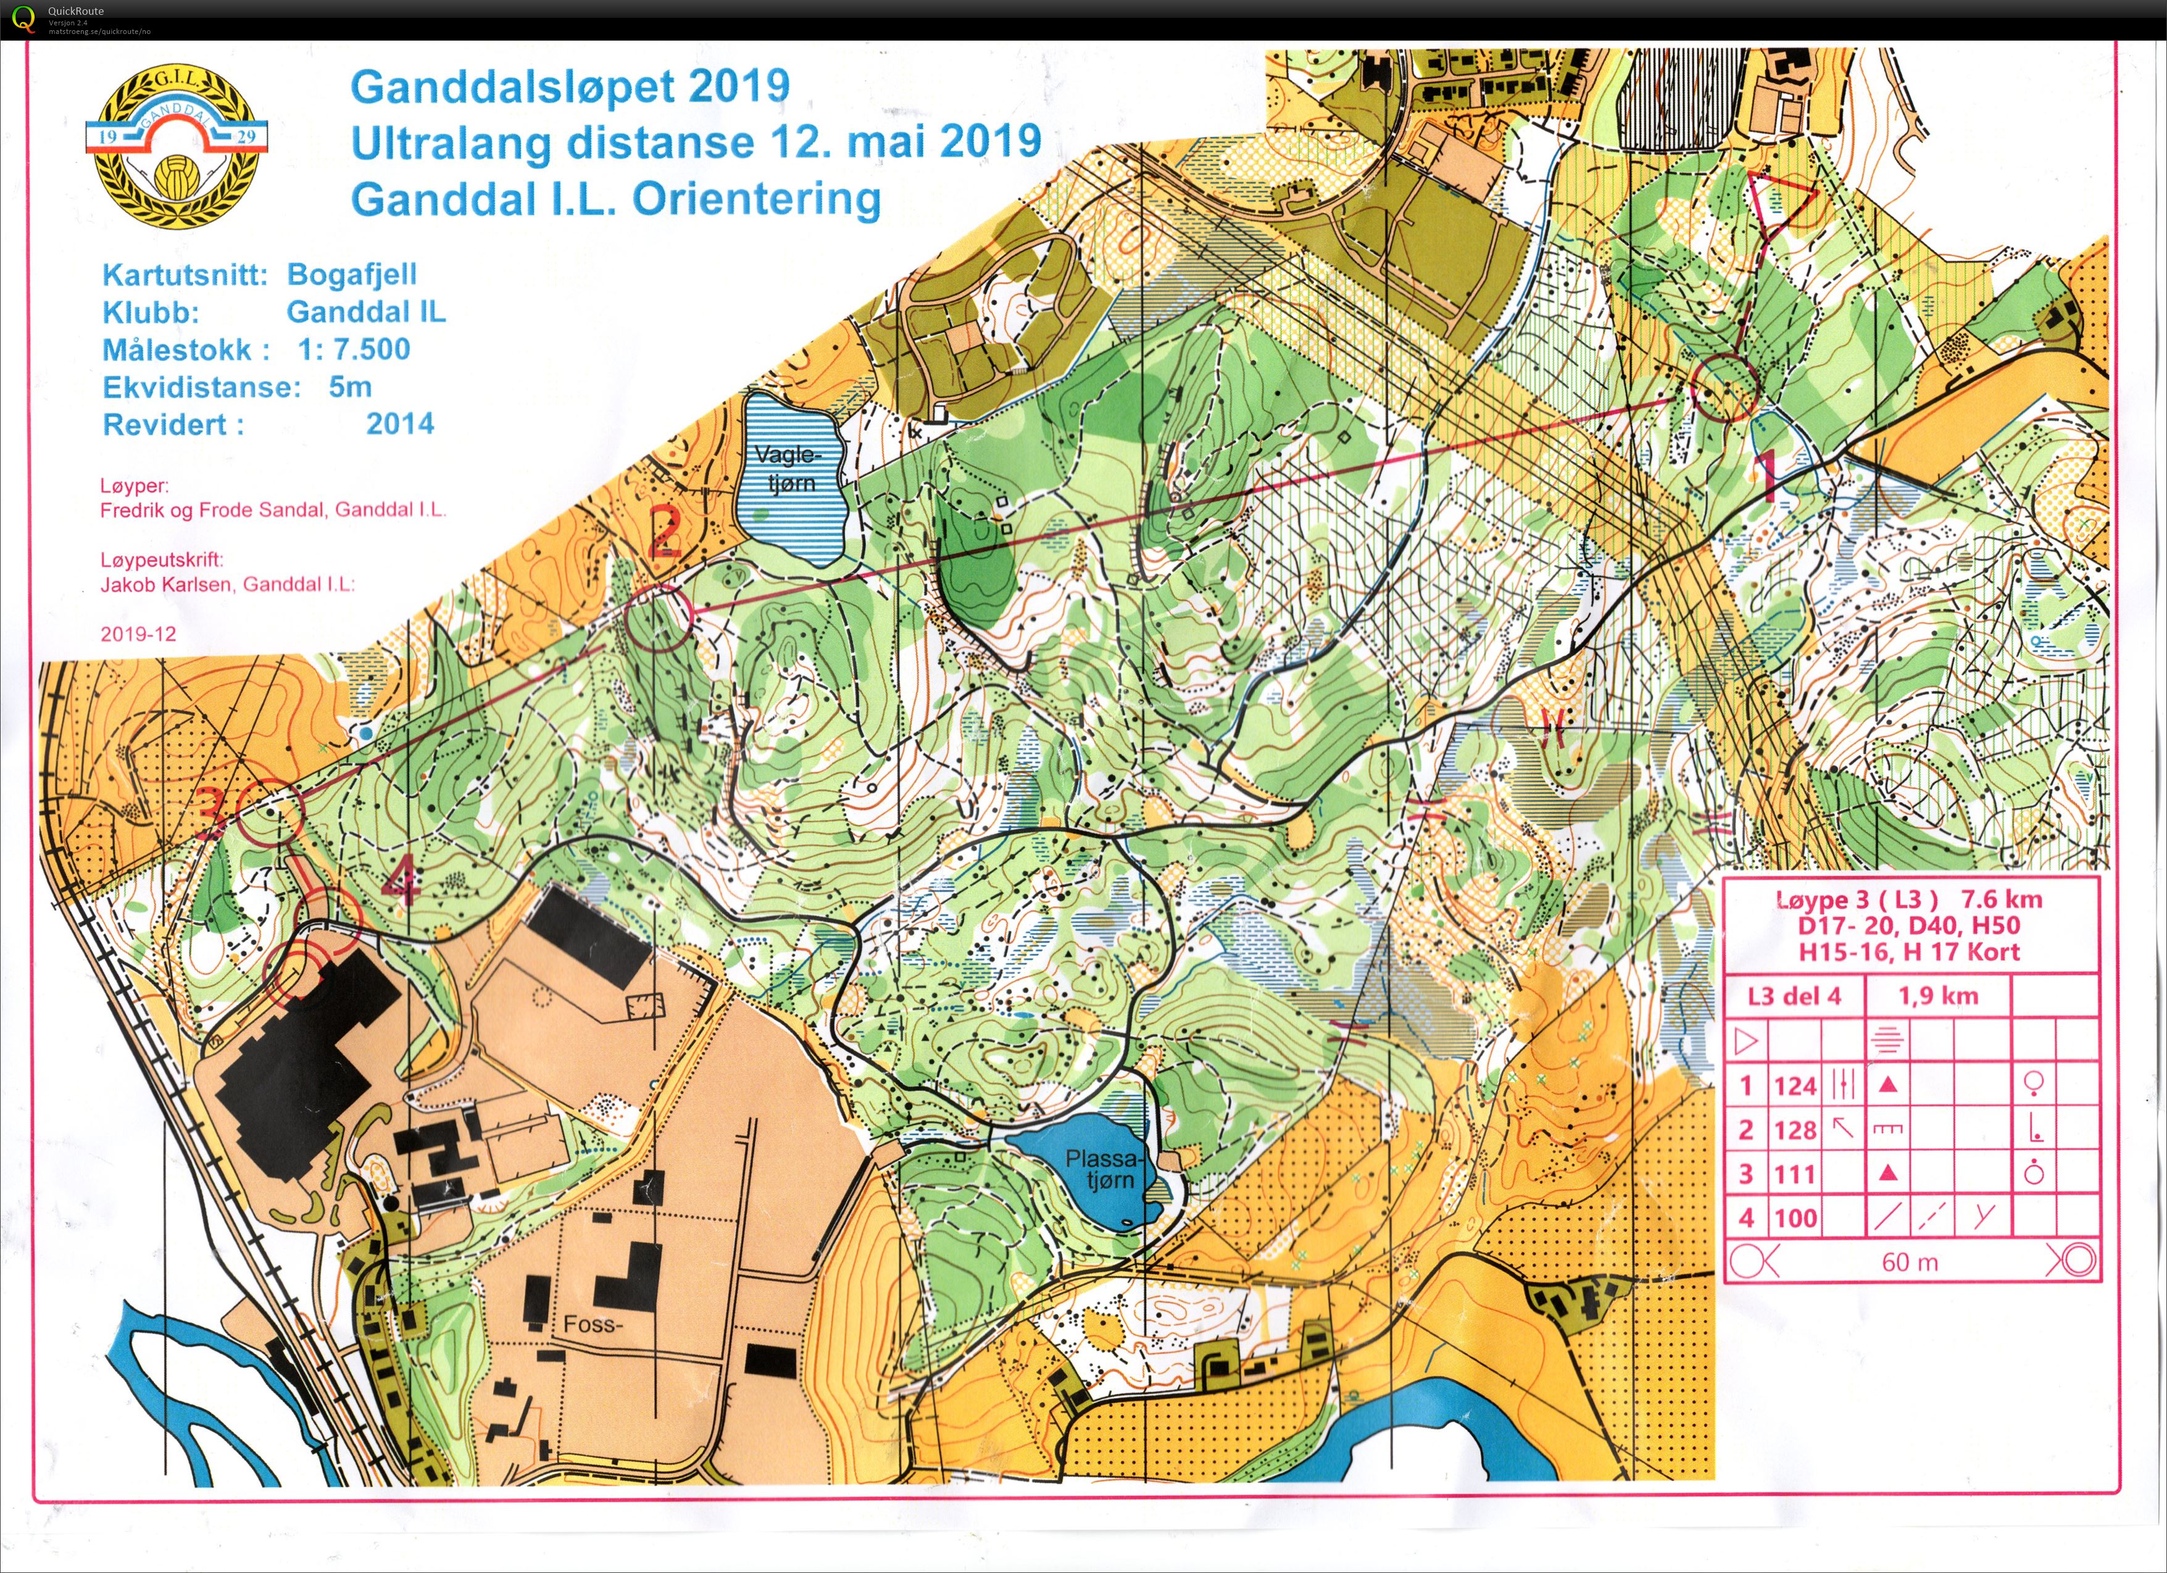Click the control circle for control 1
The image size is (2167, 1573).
coord(1724,387)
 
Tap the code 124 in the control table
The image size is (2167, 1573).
coord(1794,1086)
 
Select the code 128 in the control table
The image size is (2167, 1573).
coord(1794,1130)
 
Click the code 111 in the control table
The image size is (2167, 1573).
coord(1794,1174)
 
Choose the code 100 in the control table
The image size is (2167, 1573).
coord(1794,1217)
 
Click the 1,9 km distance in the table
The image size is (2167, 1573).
coord(1937,996)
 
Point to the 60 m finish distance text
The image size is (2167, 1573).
coord(1909,1262)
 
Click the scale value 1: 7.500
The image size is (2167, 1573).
coord(354,350)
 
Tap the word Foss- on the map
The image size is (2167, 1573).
coord(593,1325)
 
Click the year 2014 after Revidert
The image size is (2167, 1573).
coord(399,424)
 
